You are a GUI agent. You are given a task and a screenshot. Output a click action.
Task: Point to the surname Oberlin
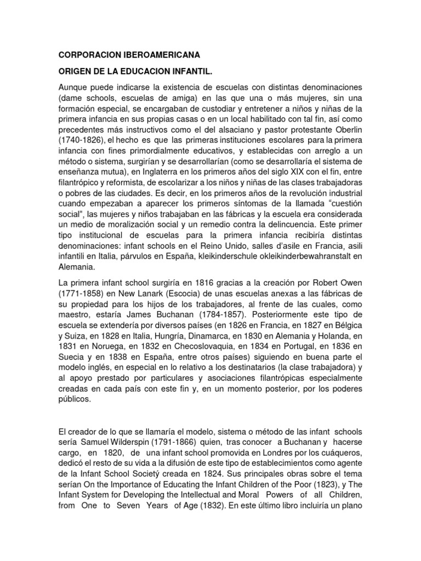point(348,129)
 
